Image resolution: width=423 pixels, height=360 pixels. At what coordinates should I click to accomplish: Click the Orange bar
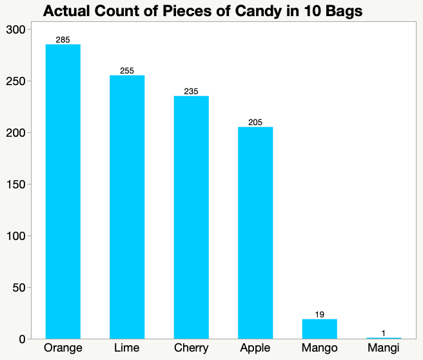[63, 191]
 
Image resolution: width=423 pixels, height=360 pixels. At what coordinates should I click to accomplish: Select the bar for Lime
[127, 206]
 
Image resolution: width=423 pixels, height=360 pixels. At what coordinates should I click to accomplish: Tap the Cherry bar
[191, 217]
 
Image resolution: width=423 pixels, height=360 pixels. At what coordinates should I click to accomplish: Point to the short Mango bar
[319, 328]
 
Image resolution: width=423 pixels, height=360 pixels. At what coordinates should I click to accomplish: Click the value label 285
[63, 40]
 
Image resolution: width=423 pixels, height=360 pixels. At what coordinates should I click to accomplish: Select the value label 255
[127, 71]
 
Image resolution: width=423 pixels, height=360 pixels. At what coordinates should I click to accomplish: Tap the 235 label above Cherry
[191, 92]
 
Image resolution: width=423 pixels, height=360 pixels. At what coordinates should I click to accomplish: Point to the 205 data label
[255, 123]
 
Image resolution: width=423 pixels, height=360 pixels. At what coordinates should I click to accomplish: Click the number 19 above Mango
[319, 315]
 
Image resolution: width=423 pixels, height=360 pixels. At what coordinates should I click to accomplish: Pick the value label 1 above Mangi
[384, 334]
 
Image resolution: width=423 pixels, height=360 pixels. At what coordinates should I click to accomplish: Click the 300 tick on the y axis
[15, 30]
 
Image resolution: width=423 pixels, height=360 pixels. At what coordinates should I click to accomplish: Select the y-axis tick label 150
[15, 185]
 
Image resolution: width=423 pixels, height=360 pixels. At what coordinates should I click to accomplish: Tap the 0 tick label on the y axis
[23, 339]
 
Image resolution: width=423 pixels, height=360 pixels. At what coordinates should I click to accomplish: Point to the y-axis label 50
[19, 288]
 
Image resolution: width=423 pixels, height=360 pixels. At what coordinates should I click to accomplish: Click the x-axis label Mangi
[384, 349]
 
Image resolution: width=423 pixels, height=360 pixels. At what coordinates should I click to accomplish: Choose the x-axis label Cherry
[191, 349]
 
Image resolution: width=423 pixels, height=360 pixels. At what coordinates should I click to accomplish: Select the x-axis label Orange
[63, 349]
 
